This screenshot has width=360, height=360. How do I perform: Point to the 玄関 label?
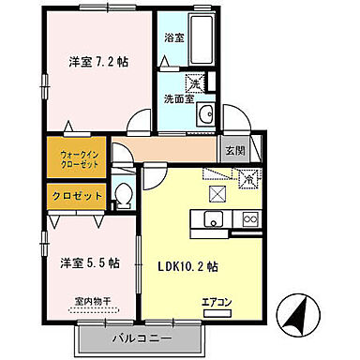point(234,151)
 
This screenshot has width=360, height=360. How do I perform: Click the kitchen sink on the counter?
point(210,220)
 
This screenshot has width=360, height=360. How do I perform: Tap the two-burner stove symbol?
point(250,219)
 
